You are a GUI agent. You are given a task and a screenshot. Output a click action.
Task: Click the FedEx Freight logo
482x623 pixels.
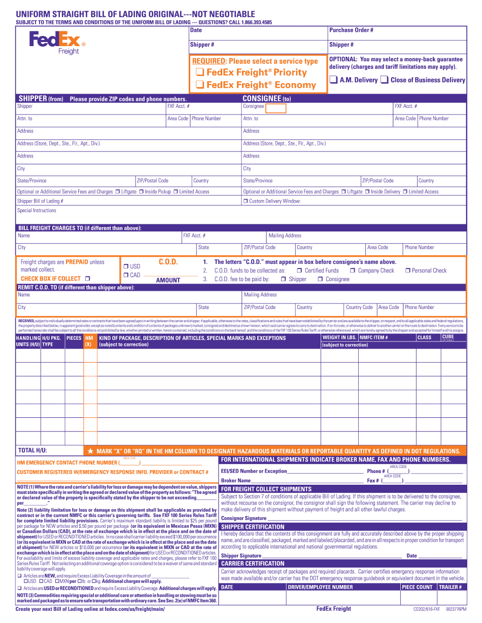click(x=57, y=43)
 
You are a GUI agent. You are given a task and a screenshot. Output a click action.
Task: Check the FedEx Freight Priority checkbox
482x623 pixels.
click(x=200, y=73)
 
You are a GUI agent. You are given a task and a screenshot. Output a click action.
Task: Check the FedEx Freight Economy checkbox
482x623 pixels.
click(x=200, y=85)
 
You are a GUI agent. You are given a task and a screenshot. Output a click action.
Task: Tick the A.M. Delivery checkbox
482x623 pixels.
click(x=333, y=80)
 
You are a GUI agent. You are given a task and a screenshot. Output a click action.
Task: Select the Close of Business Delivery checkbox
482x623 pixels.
click(x=385, y=80)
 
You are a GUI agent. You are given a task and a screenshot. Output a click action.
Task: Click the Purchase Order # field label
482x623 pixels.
click(x=351, y=30)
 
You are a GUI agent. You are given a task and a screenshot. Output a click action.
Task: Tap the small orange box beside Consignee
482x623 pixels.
click(x=276, y=108)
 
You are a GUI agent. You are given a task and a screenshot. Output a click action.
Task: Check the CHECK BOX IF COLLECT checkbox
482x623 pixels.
click(x=88, y=279)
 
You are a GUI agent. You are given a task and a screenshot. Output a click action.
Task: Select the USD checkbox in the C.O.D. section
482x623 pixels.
click(x=126, y=266)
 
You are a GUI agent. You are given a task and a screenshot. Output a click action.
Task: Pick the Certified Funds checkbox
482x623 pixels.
click(x=299, y=271)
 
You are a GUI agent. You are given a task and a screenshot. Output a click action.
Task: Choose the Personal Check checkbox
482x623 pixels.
click(x=407, y=271)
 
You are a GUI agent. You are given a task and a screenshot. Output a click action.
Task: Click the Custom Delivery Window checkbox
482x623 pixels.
click(x=245, y=202)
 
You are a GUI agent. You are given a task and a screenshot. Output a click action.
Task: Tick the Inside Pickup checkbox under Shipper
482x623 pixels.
click(x=142, y=192)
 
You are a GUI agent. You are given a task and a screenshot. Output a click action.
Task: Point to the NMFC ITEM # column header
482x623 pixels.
click(x=374, y=338)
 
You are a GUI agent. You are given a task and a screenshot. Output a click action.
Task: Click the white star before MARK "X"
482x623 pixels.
click(x=90, y=451)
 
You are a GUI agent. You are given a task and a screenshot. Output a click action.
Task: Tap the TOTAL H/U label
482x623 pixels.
click(x=32, y=450)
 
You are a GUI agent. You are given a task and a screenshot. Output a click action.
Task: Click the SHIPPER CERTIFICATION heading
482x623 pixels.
click(x=253, y=527)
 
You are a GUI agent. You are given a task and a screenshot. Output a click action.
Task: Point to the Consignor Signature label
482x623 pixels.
click(x=244, y=518)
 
